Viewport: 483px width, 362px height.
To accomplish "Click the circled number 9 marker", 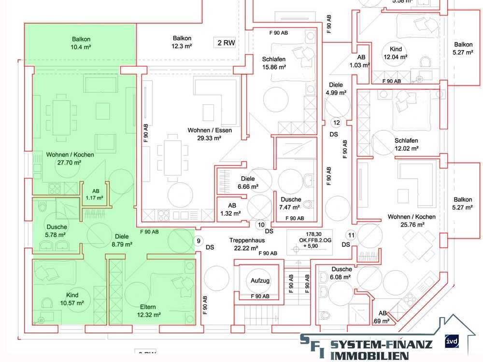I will pos(197,240).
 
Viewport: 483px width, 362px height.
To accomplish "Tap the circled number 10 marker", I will pos(261,224).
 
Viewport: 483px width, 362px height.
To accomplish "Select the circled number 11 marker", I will pos(351,236).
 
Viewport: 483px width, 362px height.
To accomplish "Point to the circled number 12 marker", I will pos(337,123).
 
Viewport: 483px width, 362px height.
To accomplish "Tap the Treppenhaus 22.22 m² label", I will pos(247,243).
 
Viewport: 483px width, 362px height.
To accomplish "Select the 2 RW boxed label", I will pos(226,43).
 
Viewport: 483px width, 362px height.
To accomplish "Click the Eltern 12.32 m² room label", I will pos(148,310).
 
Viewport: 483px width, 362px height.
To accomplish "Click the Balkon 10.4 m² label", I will pos(81,43).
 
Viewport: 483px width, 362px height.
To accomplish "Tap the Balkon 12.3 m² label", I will pos(182,42).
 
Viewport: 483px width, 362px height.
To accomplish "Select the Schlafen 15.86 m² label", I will pos(274,63).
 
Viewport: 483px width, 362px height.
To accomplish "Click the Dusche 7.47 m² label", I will pos(291,203).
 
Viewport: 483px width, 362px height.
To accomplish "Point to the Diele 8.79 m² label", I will pos(122,240).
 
